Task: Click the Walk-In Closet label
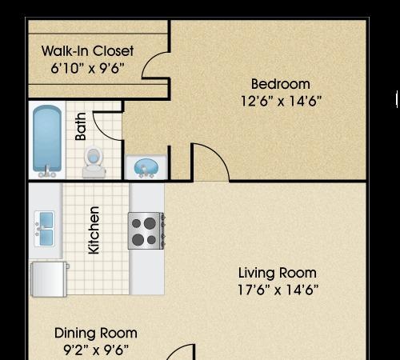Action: coord(87,50)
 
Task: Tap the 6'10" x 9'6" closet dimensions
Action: coord(87,68)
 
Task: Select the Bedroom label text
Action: coord(281,84)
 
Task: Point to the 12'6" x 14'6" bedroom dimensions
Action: coord(281,101)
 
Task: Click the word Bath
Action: coord(81,126)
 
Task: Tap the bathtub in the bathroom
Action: coord(47,142)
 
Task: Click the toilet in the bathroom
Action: coord(94,162)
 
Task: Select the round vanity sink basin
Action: coord(146,167)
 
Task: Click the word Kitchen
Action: coord(94,230)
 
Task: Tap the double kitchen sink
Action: coord(45,228)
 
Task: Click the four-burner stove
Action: coord(146,231)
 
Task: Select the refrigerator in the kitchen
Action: coord(49,279)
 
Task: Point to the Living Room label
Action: coord(278,273)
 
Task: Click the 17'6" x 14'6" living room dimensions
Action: coord(278,290)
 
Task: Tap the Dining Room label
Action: coord(96,333)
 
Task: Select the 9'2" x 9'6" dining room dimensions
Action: coord(96,350)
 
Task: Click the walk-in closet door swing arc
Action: coord(148,61)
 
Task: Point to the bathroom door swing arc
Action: coord(102,132)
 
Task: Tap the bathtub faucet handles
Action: coord(47,174)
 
